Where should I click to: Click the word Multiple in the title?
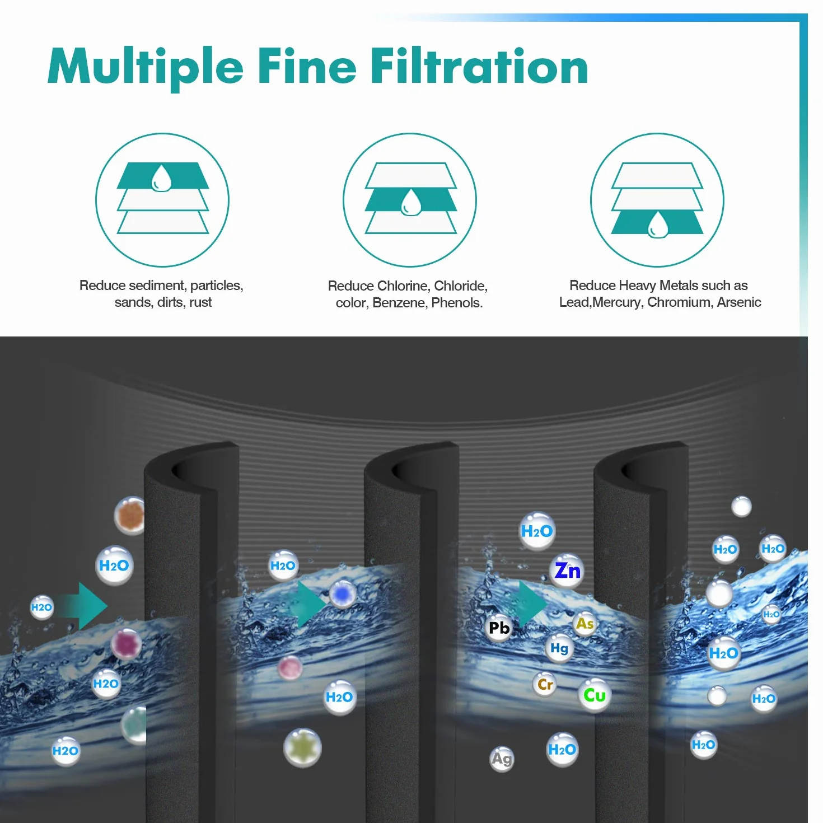[145, 68]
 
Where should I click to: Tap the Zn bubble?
[567, 571]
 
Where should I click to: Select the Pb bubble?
[499, 628]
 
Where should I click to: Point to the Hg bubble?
[559, 648]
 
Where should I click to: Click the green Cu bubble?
[594, 695]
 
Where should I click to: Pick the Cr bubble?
[545, 684]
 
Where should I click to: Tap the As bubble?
[584, 624]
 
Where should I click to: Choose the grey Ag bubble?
[502, 759]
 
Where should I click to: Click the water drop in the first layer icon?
[161, 178]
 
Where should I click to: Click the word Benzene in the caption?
[399, 303]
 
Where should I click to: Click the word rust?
[201, 302]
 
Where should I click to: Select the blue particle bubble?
[342, 593]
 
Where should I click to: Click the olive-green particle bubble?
[302, 747]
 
